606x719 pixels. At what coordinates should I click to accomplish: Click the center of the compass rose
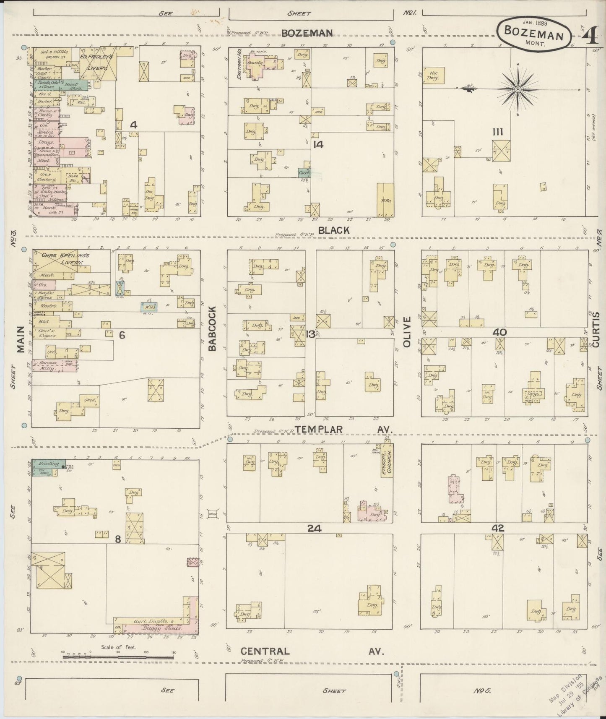pos(518,89)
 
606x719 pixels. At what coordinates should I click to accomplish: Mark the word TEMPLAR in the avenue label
pos(319,429)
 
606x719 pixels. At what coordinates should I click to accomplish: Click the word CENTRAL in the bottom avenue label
pos(265,651)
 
